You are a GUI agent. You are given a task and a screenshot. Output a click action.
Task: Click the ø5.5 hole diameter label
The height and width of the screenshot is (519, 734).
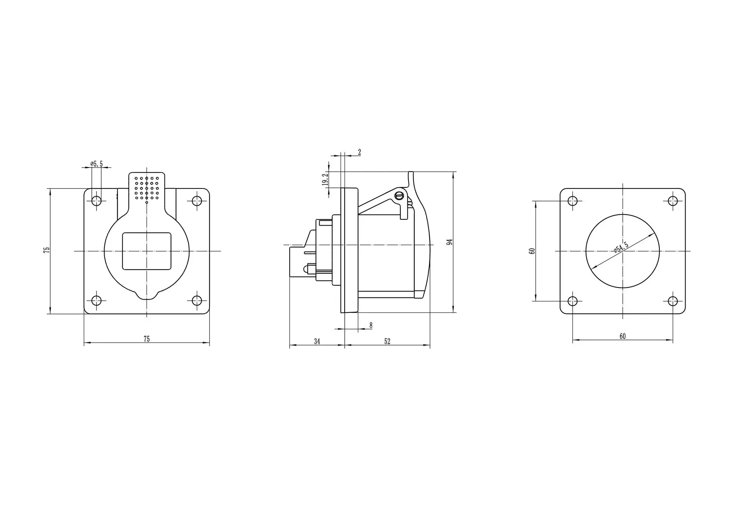click(x=97, y=164)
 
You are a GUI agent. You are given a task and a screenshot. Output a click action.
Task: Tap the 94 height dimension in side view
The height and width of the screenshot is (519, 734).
click(x=450, y=242)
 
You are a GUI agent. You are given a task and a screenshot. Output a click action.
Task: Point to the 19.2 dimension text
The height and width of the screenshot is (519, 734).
click(x=325, y=180)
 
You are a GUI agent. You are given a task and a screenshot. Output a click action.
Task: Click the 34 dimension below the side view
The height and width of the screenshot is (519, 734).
click(x=317, y=341)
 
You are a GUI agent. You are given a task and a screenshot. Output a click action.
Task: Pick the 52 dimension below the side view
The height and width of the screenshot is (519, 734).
click(x=387, y=341)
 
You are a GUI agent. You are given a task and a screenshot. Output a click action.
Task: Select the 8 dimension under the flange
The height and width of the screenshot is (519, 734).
click(x=371, y=325)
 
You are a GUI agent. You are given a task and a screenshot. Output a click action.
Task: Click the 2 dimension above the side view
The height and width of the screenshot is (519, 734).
click(x=359, y=152)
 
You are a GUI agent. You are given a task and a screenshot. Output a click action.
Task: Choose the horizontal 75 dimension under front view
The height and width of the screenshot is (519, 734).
click(x=146, y=339)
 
